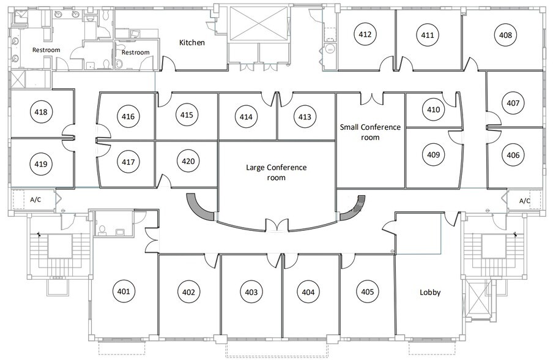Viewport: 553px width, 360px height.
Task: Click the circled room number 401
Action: pyautogui.click(x=124, y=291)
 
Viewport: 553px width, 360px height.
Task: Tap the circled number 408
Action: pyautogui.click(x=505, y=35)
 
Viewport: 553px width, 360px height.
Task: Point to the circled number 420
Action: pyautogui.click(x=188, y=162)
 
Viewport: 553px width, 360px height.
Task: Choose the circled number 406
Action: pyautogui.click(x=513, y=156)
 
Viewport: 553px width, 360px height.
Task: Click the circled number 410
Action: pyautogui.click(x=433, y=110)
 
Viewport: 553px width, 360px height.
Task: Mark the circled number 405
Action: pyautogui.click(x=367, y=291)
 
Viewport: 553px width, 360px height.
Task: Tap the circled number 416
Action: pyautogui.click(x=128, y=116)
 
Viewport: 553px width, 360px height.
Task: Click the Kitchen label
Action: pyautogui.click(x=191, y=43)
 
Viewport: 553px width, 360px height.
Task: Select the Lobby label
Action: pyautogui.click(x=430, y=292)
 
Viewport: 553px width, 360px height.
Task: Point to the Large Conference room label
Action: pyautogui.click(x=276, y=172)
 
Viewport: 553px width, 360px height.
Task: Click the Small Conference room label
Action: pyautogui.click(x=370, y=132)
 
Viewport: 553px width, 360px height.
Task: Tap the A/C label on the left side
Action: pyautogui.click(x=35, y=200)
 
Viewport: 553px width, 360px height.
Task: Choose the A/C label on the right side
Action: pyautogui.click(x=524, y=200)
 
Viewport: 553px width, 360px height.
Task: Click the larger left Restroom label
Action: pyautogui.click(x=46, y=50)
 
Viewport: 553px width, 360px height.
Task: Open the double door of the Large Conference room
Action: pyautogui.click(x=276, y=227)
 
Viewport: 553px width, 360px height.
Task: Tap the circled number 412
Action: pyautogui.click(x=365, y=34)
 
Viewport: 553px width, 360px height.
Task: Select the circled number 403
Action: pyautogui.click(x=251, y=292)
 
